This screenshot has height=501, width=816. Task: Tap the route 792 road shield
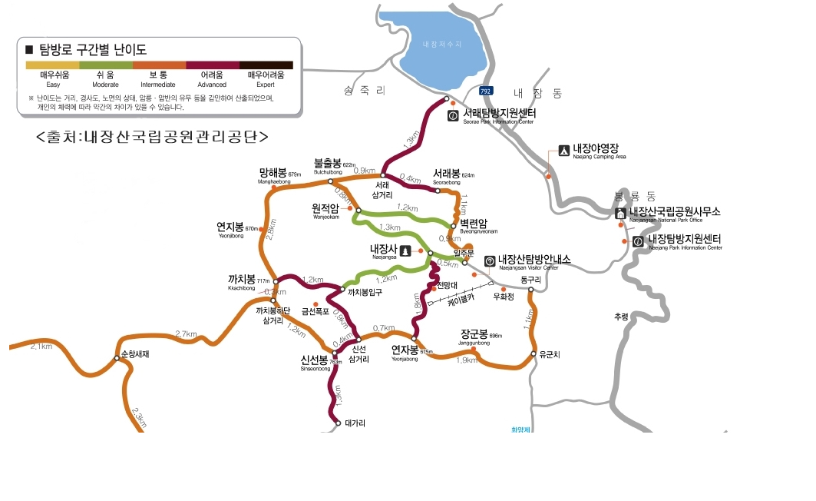[x=486, y=91]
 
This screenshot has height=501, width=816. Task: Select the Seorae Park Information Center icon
[x=453, y=116]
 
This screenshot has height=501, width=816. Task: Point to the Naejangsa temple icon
[x=406, y=251]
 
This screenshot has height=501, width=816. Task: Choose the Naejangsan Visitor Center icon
[x=490, y=260]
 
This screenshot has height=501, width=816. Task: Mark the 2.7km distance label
[x=187, y=334]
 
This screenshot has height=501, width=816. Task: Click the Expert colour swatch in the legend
[x=270, y=65]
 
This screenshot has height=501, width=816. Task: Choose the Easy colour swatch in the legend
[x=53, y=65]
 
